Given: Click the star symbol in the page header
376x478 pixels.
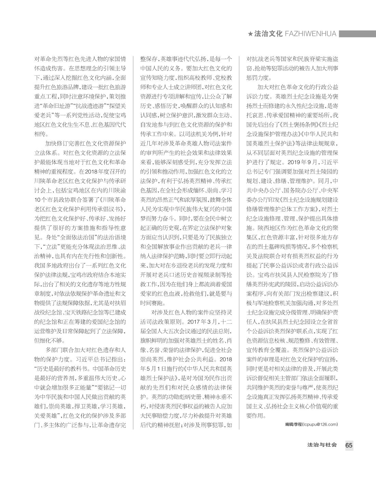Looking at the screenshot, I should pos(251,34).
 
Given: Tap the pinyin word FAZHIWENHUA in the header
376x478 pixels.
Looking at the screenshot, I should pos(310,34).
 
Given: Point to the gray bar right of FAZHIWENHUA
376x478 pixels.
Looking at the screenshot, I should pos(357,34).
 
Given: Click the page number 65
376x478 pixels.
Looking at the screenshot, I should pos(349,445).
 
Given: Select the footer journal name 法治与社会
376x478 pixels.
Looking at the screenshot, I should pos(322,445).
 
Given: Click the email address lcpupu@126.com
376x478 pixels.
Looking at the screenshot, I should pos(320,424).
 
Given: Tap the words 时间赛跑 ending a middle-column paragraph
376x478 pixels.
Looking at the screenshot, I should pos(152,303).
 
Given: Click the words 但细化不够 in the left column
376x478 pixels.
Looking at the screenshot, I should pos(49,341).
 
